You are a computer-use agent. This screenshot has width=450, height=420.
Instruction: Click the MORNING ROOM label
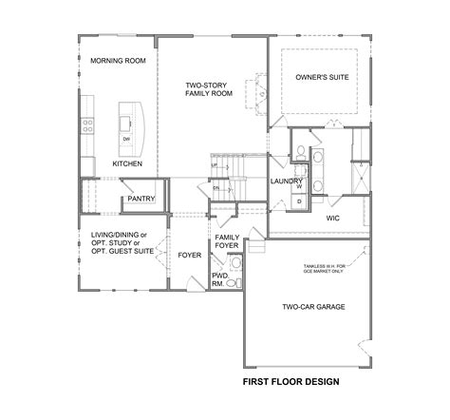[117, 61]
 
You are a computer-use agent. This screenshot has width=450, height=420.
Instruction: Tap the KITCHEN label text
[127, 163]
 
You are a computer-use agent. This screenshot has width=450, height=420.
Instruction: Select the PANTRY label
[141, 199]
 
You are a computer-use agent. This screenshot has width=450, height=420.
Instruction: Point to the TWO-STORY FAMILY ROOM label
[209, 90]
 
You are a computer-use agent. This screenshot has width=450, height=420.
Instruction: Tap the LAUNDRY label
[286, 181]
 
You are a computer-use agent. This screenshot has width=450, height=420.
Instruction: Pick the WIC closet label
[333, 218]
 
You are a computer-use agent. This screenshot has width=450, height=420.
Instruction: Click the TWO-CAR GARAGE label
[312, 308]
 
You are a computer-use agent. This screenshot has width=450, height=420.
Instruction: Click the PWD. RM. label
[220, 278]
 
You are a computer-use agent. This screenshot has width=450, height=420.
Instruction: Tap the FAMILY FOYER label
[226, 241]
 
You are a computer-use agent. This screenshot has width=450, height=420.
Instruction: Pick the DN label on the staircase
[216, 188]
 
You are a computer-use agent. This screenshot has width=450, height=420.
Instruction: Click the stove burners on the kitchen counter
[88, 124]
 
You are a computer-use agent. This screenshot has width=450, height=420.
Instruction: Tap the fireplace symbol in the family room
[257, 92]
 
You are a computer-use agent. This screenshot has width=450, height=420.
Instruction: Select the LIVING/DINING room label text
[119, 233]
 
